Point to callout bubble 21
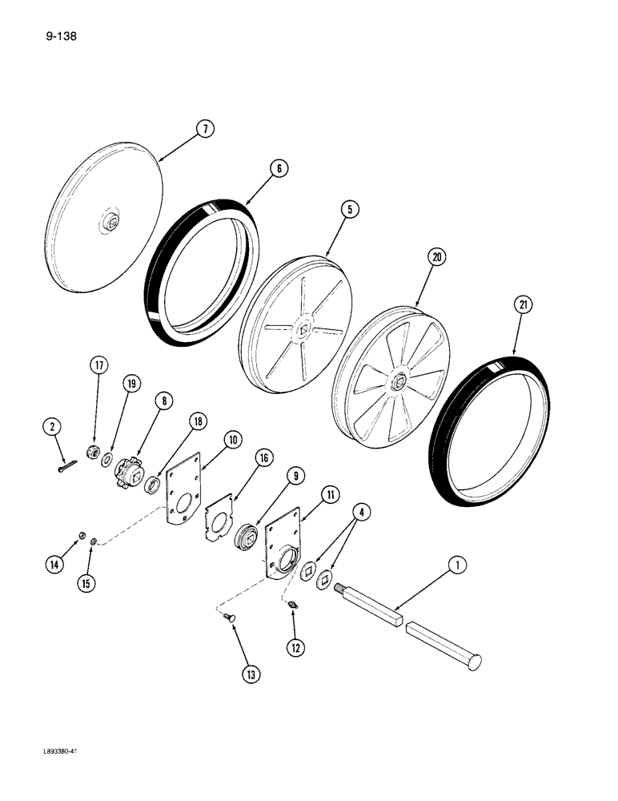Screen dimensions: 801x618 524,305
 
